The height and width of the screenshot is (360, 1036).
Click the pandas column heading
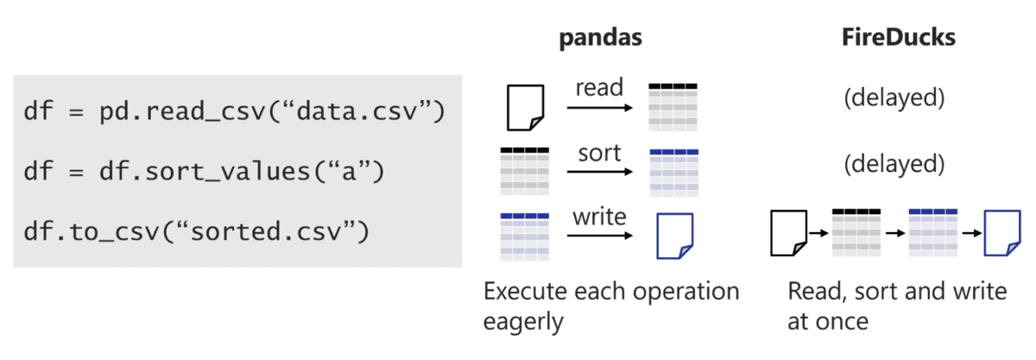pyautogui.click(x=600, y=38)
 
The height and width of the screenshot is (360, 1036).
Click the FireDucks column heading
pyautogui.click(x=898, y=37)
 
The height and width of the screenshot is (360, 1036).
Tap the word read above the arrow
pyautogui.click(x=599, y=87)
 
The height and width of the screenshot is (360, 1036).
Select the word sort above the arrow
pyautogui.click(x=599, y=153)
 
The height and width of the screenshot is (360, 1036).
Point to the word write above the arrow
pyautogui.click(x=599, y=217)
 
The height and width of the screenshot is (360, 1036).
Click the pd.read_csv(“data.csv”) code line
pyautogui.click(x=235, y=111)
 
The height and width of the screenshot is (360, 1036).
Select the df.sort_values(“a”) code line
pyautogui.click(x=204, y=172)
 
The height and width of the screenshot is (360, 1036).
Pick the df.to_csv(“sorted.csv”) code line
pyautogui.click(x=197, y=231)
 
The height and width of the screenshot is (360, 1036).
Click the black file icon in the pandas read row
pyautogui.click(x=526, y=107)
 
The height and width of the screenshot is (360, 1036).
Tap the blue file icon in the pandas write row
pyautogui.click(x=675, y=236)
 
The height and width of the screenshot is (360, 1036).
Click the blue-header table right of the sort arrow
pyautogui.click(x=674, y=173)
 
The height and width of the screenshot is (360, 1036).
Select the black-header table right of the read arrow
pyautogui.click(x=673, y=107)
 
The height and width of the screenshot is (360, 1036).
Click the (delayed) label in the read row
pyautogui.click(x=894, y=98)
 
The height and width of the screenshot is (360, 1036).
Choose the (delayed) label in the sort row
pyautogui.click(x=894, y=164)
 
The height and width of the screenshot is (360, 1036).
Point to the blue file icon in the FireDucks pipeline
pyautogui.click(x=1002, y=233)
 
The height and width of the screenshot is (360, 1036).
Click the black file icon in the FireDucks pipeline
pyautogui.click(x=789, y=233)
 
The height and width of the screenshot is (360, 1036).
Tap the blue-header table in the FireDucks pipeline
pyautogui.click(x=933, y=233)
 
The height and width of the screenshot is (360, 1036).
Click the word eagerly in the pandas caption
pyautogui.click(x=523, y=323)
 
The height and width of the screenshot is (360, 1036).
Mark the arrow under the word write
pyautogui.click(x=600, y=236)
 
